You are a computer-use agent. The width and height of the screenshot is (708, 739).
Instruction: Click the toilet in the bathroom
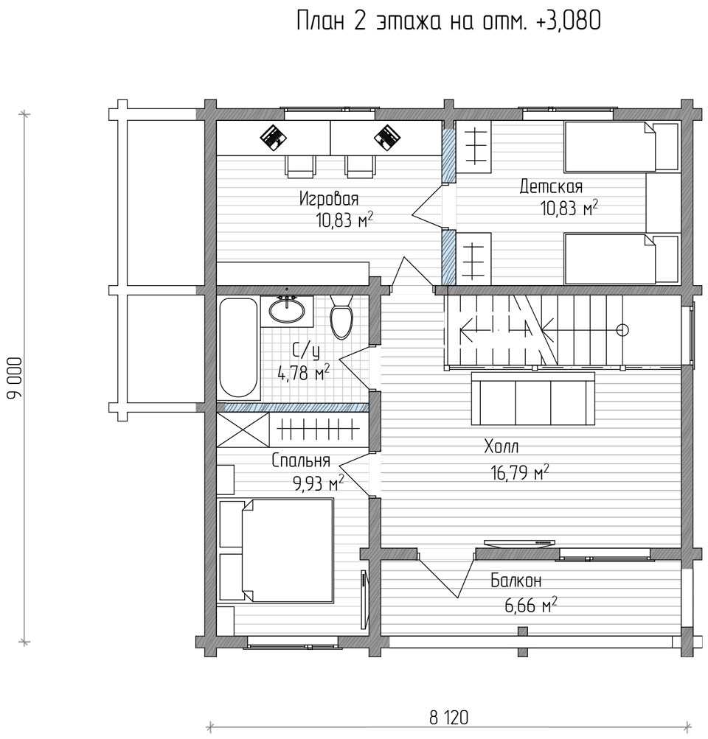[341, 316]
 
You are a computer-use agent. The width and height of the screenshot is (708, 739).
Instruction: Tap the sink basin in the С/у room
[286, 311]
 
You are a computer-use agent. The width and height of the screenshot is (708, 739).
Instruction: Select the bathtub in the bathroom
[238, 348]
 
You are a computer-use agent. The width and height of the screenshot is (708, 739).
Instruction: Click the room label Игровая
[329, 199]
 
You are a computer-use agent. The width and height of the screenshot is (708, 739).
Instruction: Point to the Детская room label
[551, 186]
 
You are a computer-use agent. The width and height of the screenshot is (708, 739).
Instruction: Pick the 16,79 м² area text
[520, 472]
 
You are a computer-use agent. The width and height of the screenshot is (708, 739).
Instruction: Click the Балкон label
[516, 580]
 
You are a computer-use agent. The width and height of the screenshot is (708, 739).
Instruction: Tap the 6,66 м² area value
[531, 605]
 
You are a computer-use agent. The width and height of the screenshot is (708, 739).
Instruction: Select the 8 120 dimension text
[448, 718]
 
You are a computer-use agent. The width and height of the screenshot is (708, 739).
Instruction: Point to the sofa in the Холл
[533, 399]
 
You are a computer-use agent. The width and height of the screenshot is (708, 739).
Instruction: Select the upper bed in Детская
[621, 146]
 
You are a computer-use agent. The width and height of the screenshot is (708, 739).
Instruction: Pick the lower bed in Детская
[621, 259]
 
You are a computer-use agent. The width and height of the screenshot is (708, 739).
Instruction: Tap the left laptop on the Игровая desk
[274, 137]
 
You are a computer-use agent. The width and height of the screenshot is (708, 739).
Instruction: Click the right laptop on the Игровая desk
[386, 137]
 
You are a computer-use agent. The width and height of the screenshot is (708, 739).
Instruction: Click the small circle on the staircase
[622, 330]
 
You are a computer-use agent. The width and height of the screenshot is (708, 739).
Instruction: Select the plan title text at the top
[448, 21]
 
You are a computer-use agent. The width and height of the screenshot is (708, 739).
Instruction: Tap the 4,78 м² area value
[304, 374]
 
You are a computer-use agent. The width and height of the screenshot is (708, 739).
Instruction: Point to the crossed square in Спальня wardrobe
[243, 430]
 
